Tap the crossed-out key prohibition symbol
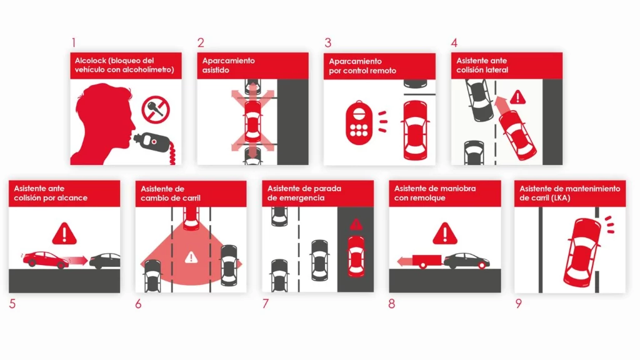pyautogui.click(x=156, y=109)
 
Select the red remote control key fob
pyautogui.click(x=359, y=123)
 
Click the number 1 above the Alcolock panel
pyautogui.click(x=74, y=42)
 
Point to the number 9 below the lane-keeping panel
pyautogui.click(x=518, y=303)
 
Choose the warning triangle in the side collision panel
pyautogui.click(x=518, y=97)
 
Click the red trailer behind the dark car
pyautogui.click(x=426, y=261)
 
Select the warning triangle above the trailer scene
pyautogui.click(x=444, y=234)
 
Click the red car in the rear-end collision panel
pyautogui.click(x=46, y=259)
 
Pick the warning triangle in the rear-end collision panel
pyautogui.click(x=64, y=234)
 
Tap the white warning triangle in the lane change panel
pyautogui.click(x=191, y=257)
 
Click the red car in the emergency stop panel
pyautogui.click(x=356, y=256)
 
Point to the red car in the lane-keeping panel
pyautogui.click(x=582, y=252)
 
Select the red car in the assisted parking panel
pyautogui.click(x=252, y=122)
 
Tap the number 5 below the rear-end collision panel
pyautogui.click(x=12, y=304)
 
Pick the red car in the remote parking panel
pyautogui.click(x=415, y=130)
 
